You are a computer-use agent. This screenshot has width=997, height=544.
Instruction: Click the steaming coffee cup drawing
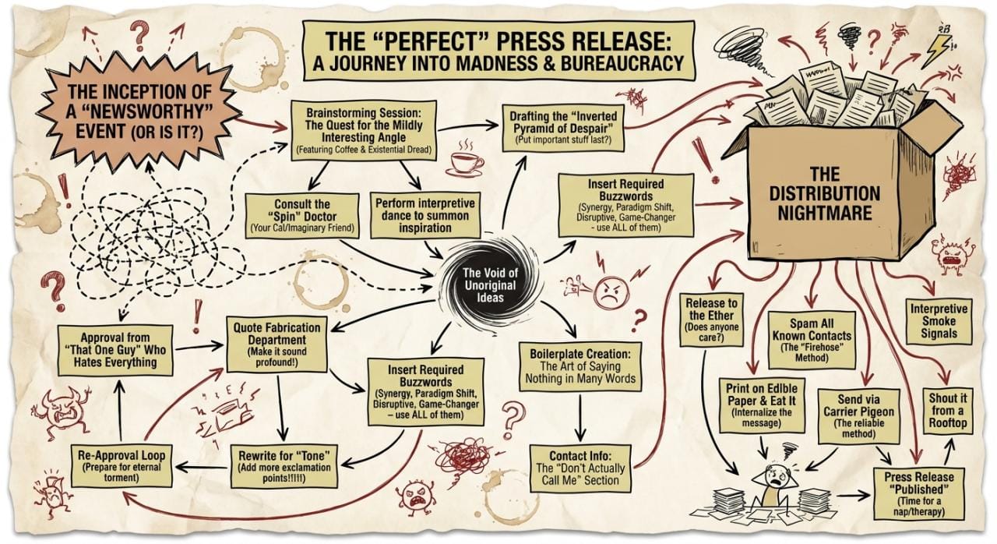(465, 161)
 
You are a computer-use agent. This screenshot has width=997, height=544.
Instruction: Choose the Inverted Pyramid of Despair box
(559, 125)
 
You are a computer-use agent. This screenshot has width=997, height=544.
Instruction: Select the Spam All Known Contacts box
(811, 340)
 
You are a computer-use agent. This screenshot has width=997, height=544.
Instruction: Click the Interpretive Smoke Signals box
(940, 321)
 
